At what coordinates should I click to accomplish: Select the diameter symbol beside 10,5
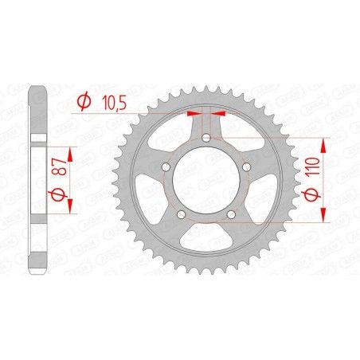pos(84,102)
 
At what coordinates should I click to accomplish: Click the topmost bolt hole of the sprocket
pos(207,139)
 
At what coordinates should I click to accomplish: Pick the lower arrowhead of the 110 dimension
pos(325,215)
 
